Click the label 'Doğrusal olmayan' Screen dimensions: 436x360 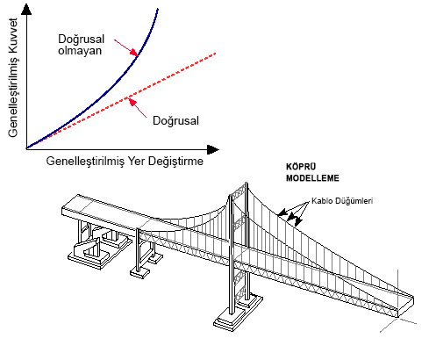pyautogui.click(x=81, y=45)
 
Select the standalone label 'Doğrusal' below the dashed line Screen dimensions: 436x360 pyautogui.click(x=175, y=120)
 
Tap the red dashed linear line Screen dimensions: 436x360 pyautogui.click(x=121, y=101)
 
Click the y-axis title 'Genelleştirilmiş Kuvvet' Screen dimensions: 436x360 pyautogui.click(x=13, y=78)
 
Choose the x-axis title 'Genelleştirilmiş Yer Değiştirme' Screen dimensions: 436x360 pyautogui.click(x=125, y=161)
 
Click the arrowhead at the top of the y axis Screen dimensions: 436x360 pyautogui.click(x=26, y=10)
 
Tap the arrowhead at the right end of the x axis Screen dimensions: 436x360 pyautogui.click(x=213, y=149)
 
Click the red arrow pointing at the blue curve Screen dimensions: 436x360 pyautogui.click(x=126, y=47)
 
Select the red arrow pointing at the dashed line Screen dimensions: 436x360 pyautogui.click(x=138, y=108)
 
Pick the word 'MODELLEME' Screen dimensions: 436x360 pyautogui.click(x=312, y=178)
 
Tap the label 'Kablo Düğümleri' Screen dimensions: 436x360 pyautogui.click(x=342, y=201)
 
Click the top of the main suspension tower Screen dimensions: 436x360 pyautogui.click(x=247, y=184)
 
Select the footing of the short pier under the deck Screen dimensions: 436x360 pyautogui.click(x=140, y=272)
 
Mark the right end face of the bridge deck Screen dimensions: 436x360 pyautogui.click(x=406, y=306)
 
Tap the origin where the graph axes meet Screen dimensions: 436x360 pyautogui.click(x=26, y=148)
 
